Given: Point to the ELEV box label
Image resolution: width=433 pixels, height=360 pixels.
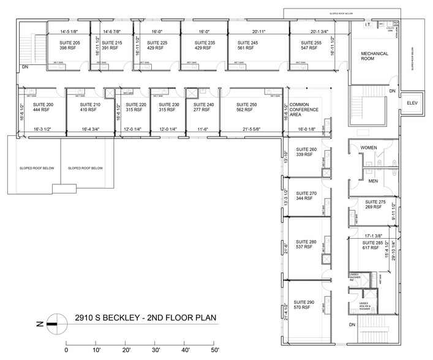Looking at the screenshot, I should [x=412, y=103].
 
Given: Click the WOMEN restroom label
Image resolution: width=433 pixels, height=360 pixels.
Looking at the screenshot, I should [x=369, y=148].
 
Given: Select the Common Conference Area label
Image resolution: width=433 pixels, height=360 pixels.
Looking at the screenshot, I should [x=302, y=109].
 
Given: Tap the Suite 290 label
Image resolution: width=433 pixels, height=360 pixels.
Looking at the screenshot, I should [x=304, y=302].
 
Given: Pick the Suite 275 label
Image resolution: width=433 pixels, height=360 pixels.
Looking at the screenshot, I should [x=375, y=201].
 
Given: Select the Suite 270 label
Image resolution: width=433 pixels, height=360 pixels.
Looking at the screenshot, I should [x=305, y=193].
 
